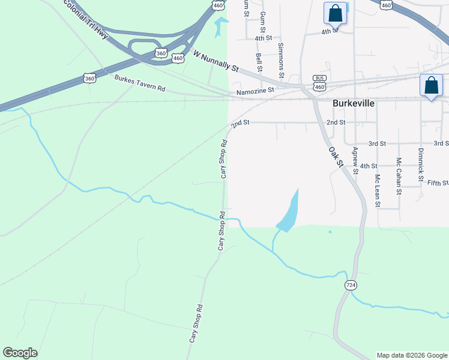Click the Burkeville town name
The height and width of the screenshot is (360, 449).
pyautogui.click(x=354, y=103)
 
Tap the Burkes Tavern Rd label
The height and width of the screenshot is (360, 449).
pyautogui.click(x=140, y=83)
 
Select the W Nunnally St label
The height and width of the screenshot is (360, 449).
pyautogui.click(x=215, y=61)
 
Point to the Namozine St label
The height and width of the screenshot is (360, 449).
pyautogui.click(x=255, y=91)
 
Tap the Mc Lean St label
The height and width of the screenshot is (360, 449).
pyautogui.click(x=378, y=191)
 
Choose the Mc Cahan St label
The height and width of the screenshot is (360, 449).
pyautogui.click(x=399, y=176)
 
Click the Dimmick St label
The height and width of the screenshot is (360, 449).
pyautogui.click(x=421, y=165)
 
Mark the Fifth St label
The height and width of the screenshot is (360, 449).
pyautogui.click(x=438, y=182)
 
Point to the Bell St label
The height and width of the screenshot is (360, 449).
pyautogui.click(x=259, y=62)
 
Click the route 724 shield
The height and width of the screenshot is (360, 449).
pyautogui.click(x=351, y=284)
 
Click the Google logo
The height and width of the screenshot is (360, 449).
pyautogui.click(x=20, y=353)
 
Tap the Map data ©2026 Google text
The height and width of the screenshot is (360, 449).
pyautogui.click(x=412, y=355)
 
